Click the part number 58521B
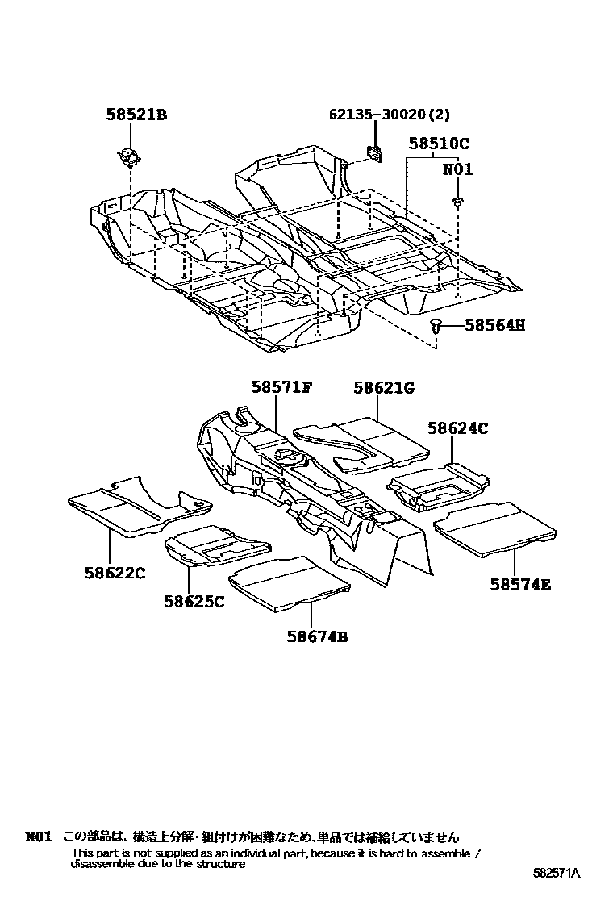click(136, 115)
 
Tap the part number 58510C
click(438, 144)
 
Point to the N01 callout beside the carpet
click(457, 170)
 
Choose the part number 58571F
click(281, 388)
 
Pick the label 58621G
click(383, 388)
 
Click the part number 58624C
click(458, 429)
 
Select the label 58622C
click(115, 574)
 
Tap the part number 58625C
click(194, 601)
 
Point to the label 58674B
click(316, 636)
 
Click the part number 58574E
click(520, 585)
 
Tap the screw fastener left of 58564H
click(437, 326)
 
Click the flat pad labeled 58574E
click(494, 528)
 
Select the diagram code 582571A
click(556, 873)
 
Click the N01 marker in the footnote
click(39, 837)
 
